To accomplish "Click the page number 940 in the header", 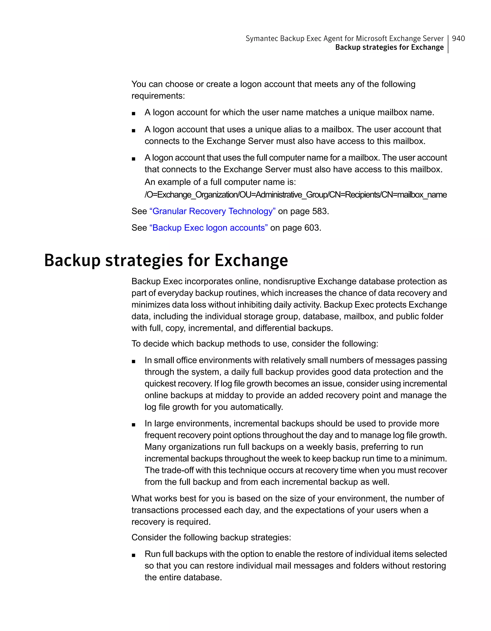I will pos(458,38).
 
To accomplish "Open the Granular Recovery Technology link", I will pos(212,211).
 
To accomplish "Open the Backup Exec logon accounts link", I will pos(208,228).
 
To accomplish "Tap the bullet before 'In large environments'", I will pos(134,424).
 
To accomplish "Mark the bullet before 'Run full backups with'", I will pos(134,555).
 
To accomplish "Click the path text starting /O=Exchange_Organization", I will pos(295,195).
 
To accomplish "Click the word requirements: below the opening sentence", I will pos(158,96).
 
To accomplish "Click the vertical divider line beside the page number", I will pos(448,44).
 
